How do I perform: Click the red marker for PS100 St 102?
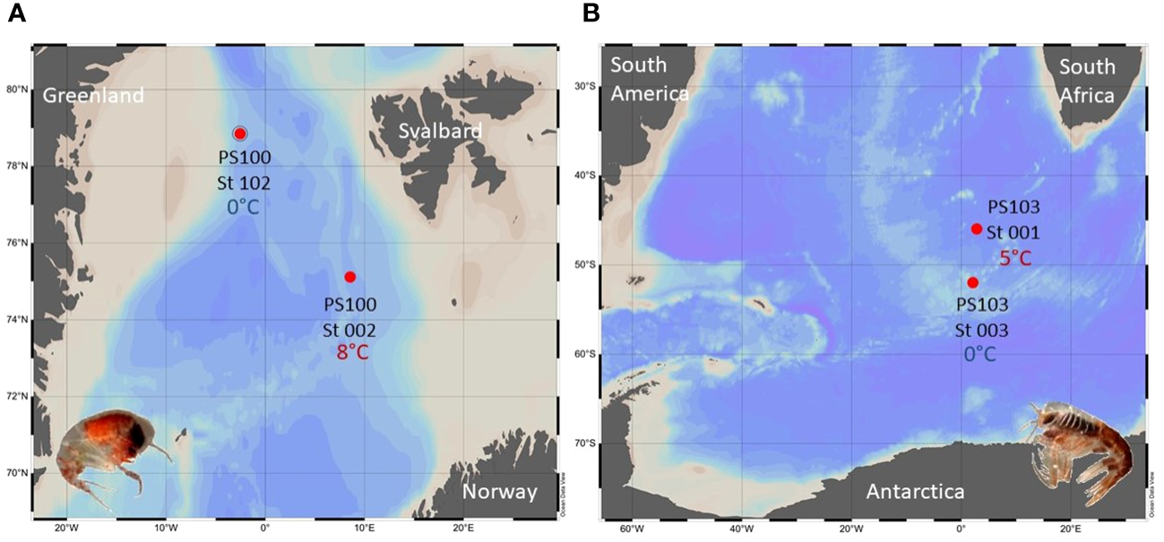[240, 133]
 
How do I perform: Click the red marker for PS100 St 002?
[350, 276]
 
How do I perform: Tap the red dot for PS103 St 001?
[977, 228]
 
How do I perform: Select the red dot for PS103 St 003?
[973, 282]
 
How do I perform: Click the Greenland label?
[93, 95]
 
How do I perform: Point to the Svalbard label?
[441, 131]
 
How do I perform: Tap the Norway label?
[500, 491]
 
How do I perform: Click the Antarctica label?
[915, 491]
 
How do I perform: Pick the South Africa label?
[1087, 81]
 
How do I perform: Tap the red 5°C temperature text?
[1014, 258]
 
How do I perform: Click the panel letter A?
[14, 13]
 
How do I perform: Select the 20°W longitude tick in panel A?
[64, 527]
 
